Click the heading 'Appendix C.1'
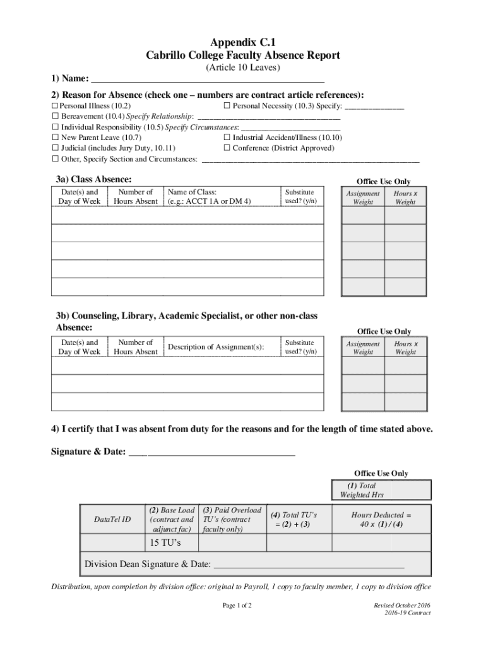243,42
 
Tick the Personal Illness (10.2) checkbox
55,106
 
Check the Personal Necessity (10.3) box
227,106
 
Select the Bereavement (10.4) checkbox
55,117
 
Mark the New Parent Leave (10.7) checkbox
55,138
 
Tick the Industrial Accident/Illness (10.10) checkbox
227,138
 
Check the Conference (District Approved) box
227,148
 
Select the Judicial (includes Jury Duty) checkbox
55,148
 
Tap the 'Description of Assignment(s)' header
216,347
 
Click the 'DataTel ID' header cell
112,519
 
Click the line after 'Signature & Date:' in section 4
211,452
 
